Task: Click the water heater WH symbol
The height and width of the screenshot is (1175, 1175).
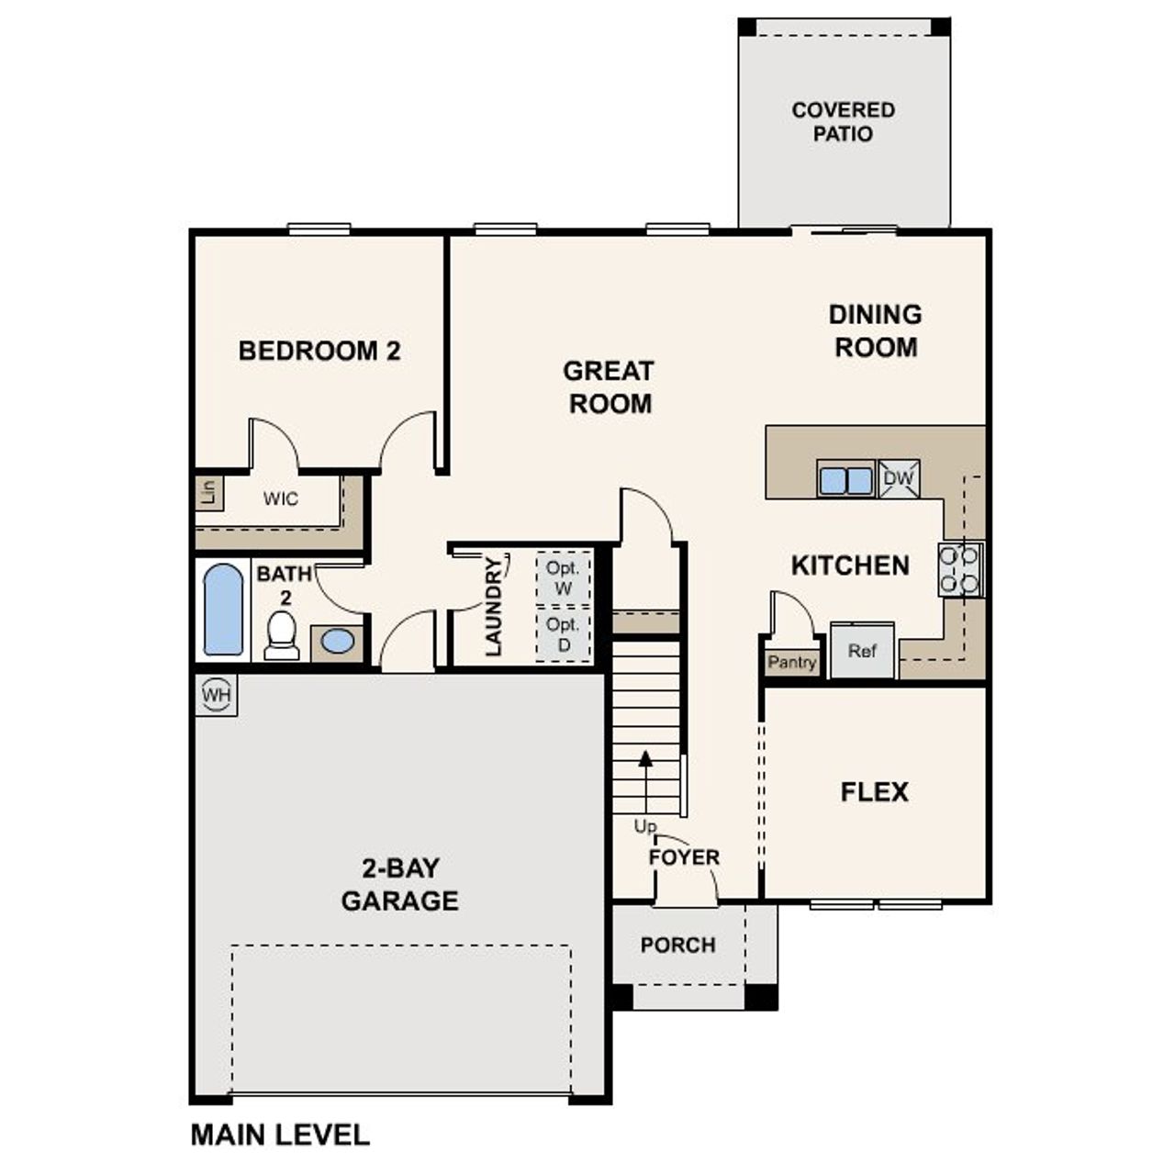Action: coord(217,695)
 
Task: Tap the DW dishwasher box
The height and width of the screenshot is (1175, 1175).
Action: coord(898,478)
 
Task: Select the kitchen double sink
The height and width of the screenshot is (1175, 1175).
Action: coord(845,480)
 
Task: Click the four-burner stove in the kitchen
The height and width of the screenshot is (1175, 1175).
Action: coord(960,569)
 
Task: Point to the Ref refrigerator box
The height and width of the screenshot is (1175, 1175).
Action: coord(862,651)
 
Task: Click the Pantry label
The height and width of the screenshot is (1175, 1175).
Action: coord(791,662)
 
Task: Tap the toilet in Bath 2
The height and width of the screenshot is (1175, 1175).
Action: coord(281,636)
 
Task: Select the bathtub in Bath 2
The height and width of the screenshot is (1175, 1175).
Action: coord(223,610)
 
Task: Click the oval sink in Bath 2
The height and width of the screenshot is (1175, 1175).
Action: coord(338,642)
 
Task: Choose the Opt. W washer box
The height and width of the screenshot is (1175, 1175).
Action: coord(563,578)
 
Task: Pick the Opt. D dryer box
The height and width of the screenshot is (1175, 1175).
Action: coord(563,634)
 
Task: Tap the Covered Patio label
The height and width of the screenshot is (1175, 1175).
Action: coord(843,122)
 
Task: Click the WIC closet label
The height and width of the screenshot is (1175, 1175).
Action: coord(280,499)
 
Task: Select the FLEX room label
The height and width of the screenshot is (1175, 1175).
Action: coord(874,792)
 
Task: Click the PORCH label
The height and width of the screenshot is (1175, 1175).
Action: coord(677,945)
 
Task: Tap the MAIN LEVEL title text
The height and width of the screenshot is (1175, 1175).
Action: coord(280,1136)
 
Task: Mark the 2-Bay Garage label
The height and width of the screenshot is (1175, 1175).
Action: coord(399,884)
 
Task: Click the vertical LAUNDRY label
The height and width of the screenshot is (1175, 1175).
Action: coord(494,607)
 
